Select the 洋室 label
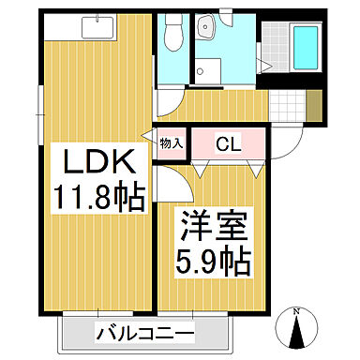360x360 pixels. (x=215, y=228)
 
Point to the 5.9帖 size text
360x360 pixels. (x=215, y=261)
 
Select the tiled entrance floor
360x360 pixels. (x=292, y=109)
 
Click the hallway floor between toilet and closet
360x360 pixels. (x=216, y=108)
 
